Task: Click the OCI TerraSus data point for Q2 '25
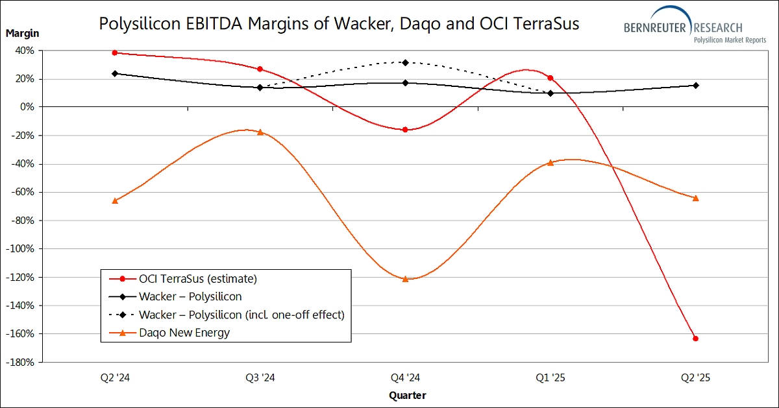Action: click(x=695, y=339)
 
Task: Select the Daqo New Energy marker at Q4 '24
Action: click(x=405, y=279)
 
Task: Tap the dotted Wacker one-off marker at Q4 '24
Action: click(x=405, y=62)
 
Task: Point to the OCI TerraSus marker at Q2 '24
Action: click(x=115, y=53)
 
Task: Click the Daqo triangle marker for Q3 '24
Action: click(x=260, y=132)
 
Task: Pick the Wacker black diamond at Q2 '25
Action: click(x=695, y=85)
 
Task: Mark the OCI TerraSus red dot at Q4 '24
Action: click(x=405, y=130)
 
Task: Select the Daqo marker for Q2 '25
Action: click(x=695, y=198)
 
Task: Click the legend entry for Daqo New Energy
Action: click(x=184, y=333)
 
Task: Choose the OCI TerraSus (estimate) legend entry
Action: click(x=198, y=279)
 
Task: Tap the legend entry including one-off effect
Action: click(x=241, y=315)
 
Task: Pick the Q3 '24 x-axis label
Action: click(x=260, y=377)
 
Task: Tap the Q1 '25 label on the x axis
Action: click(x=550, y=377)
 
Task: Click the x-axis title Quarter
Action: click(x=407, y=395)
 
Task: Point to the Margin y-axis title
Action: click(x=23, y=32)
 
